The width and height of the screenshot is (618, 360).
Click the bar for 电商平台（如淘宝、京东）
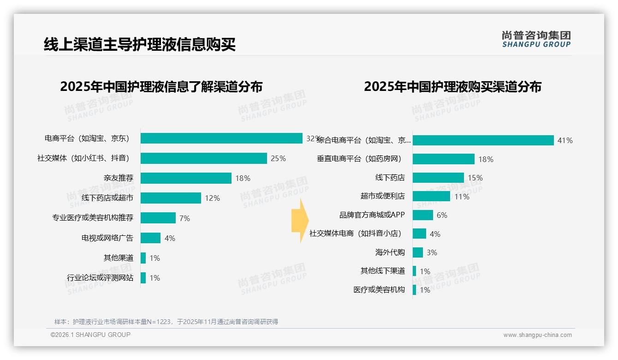(x=221, y=138)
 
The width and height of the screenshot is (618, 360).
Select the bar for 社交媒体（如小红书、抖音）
(x=203, y=158)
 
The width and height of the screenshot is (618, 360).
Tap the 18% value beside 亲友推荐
(x=243, y=178)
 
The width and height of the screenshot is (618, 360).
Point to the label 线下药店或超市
(x=107, y=198)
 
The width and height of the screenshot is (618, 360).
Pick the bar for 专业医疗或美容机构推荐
(x=158, y=218)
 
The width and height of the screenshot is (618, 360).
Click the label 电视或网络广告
(x=107, y=238)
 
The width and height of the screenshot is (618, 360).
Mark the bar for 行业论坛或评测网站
(x=143, y=278)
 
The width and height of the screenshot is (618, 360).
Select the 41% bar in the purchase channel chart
(x=483, y=140)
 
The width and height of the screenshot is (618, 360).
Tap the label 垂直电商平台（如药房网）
(x=359, y=159)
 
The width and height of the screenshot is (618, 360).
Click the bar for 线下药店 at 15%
(x=438, y=178)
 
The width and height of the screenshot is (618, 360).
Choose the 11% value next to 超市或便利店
(x=462, y=197)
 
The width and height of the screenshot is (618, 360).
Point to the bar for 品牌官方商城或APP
(x=423, y=215)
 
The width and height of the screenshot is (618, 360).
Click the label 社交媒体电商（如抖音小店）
(x=356, y=234)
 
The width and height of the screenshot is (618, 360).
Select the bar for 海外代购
(x=418, y=252)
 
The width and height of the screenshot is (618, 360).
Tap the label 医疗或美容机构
(x=379, y=290)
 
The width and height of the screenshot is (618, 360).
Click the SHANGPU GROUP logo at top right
(x=536, y=39)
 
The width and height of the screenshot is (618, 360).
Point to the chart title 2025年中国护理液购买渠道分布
(x=452, y=87)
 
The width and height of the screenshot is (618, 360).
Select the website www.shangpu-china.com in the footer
(x=537, y=335)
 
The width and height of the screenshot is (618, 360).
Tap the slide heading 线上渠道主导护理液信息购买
(x=140, y=44)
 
